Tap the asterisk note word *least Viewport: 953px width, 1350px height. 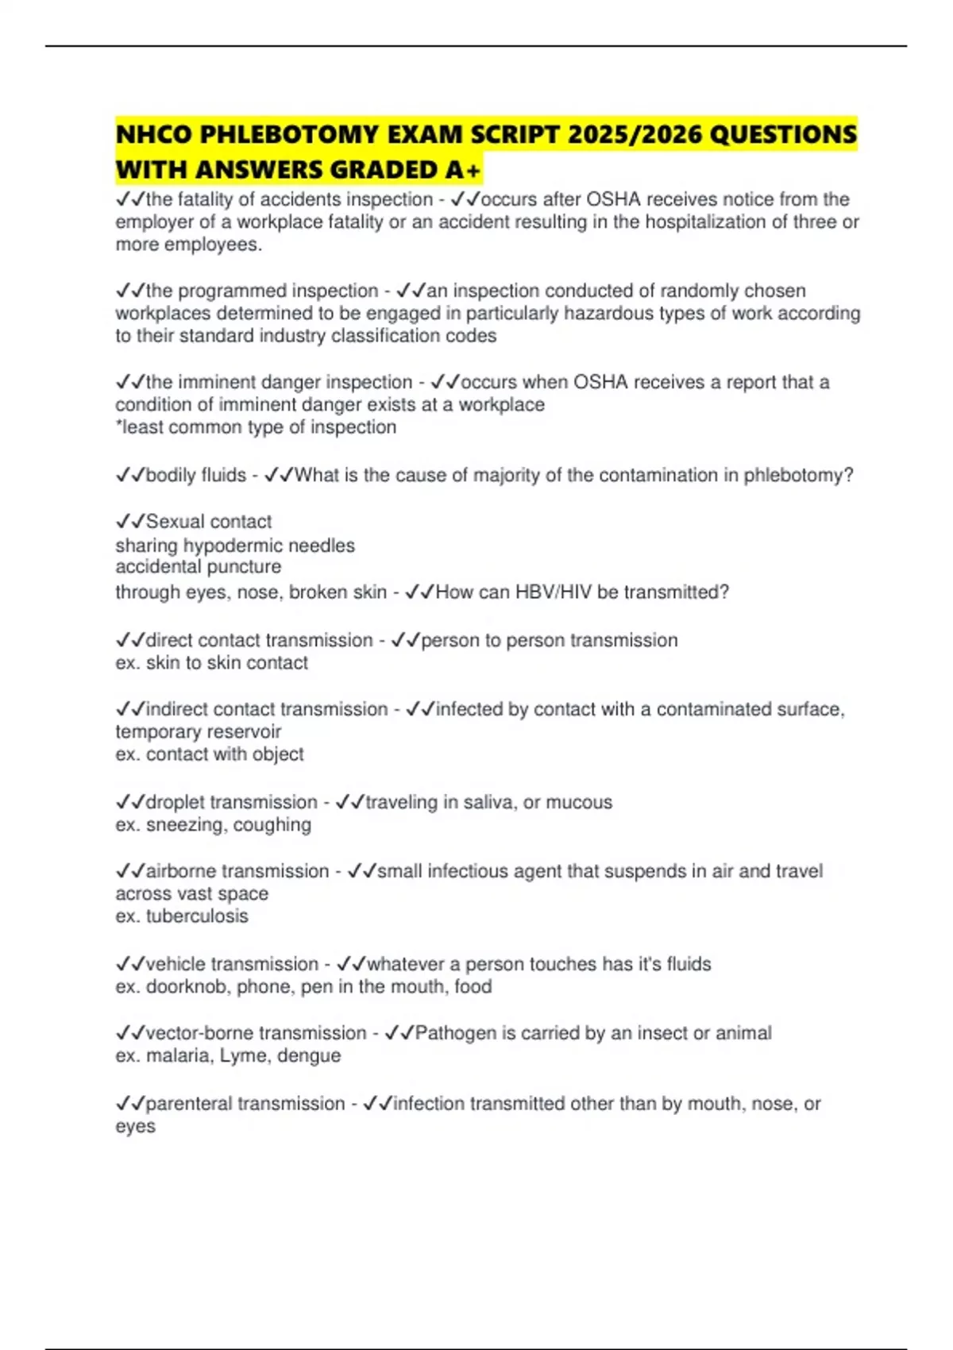(x=138, y=427)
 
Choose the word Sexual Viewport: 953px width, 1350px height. (x=175, y=522)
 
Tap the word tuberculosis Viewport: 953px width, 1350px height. (x=197, y=916)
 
